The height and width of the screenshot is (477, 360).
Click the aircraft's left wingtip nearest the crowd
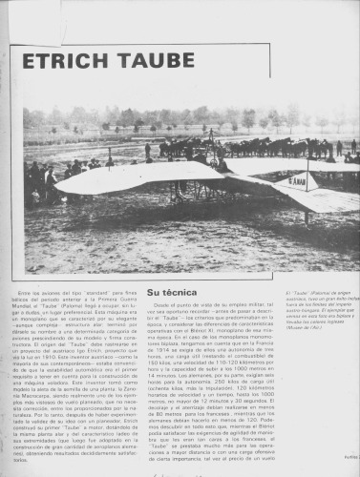pyautogui.click(x=63, y=186)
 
